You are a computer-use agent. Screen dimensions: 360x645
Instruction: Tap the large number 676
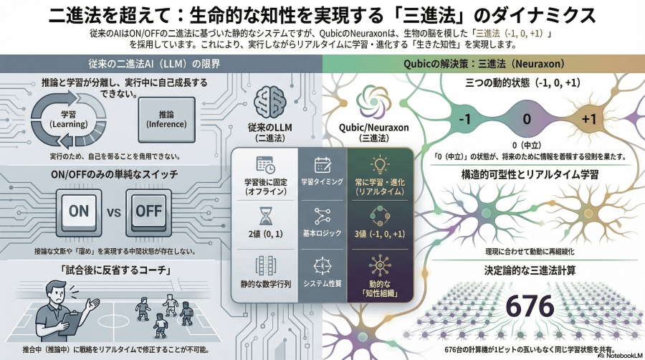pyautogui.click(x=530, y=306)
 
